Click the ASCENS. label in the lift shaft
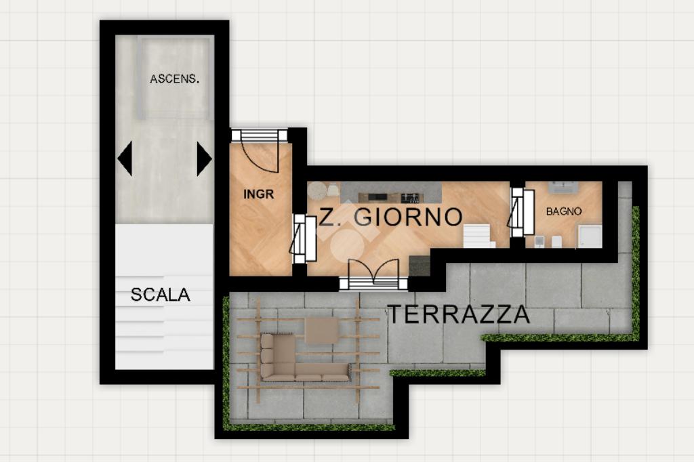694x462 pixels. (174, 79)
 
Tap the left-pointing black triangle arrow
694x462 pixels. (125, 159)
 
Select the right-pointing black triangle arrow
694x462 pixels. (203, 159)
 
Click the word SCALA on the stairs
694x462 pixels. (160, 295)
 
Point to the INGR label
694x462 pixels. (258, 194)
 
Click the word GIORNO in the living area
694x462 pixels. (409, 217)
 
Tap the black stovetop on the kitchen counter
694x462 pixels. (410, 198)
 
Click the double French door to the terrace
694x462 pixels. (373, 274)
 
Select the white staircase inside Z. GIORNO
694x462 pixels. (479, 236)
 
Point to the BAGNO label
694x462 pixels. (563, 211)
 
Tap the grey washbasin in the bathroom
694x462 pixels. (563, 187)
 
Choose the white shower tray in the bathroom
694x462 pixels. (589, 236)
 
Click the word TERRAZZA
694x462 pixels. (459, 314)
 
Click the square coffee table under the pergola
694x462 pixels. (322, 330)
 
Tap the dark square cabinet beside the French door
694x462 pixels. (419, 266)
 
